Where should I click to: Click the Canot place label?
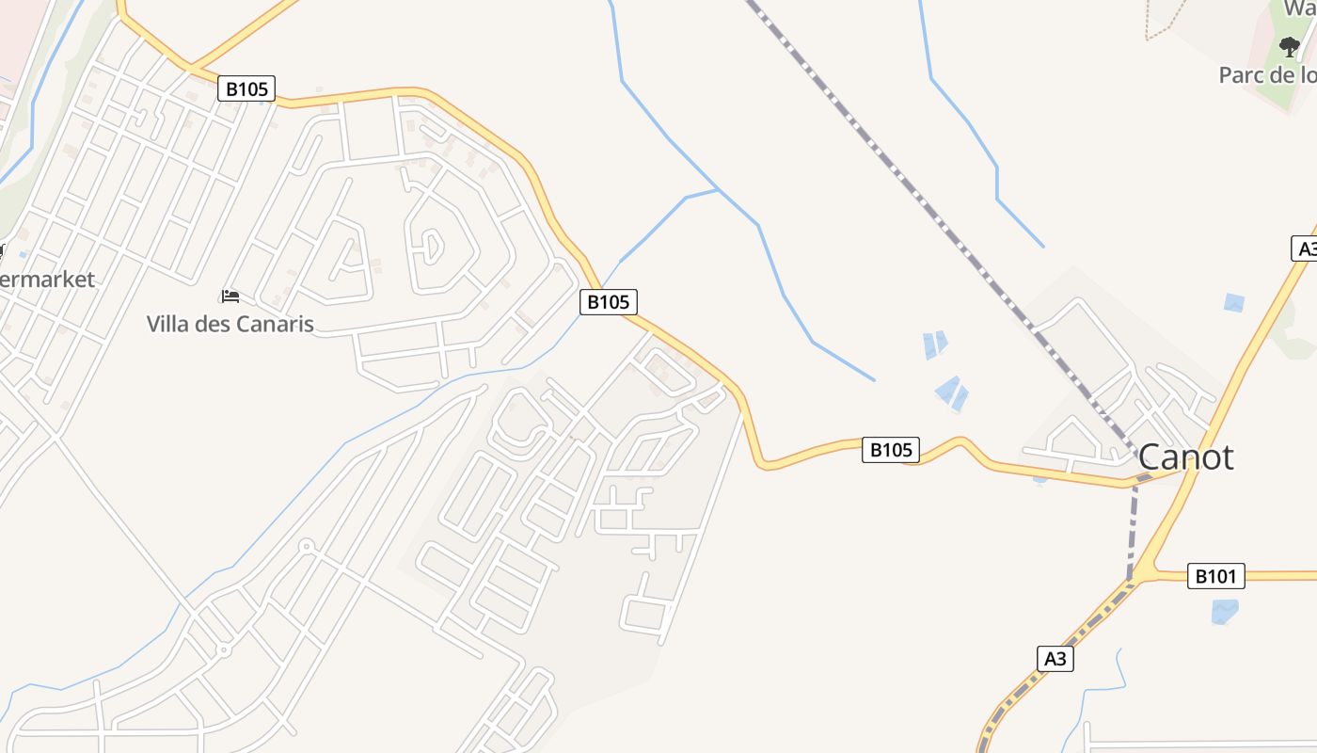click(1185, 457)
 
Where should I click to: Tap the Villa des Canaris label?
click(230, 324)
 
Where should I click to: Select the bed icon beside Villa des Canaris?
click(230, 296)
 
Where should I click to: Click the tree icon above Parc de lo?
click(1290, 46)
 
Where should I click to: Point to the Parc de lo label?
click(1267, 75)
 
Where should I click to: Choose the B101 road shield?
click(1215, 576)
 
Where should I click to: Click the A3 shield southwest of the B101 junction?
click(1055, 659)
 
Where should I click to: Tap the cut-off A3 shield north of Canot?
click(1304, 248)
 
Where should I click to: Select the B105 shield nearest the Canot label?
click(890, 450)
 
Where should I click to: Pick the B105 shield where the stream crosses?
click(608, 302)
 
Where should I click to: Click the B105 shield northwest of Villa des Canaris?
click(246, 89)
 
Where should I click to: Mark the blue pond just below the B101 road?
click(1224, 612)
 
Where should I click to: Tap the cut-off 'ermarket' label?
click(47, 280)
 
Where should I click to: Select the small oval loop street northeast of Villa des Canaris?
click(432, 247)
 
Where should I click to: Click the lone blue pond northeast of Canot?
click(1233, 303)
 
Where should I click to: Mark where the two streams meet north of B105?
click(719, 190)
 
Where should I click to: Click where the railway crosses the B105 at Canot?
click(1137, 481)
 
